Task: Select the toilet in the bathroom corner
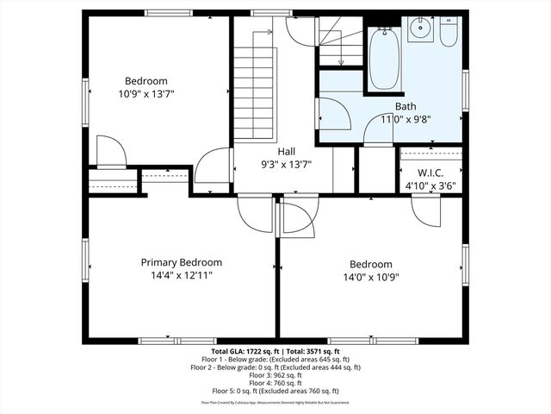[449, 34]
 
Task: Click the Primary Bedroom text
[182, 262]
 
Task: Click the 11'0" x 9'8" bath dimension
[406, 120]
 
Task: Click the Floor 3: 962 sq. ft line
[275, 375]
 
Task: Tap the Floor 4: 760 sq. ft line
[275, 383]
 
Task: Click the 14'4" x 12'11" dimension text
[182, 275]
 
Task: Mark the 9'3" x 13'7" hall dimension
[287, 164]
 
